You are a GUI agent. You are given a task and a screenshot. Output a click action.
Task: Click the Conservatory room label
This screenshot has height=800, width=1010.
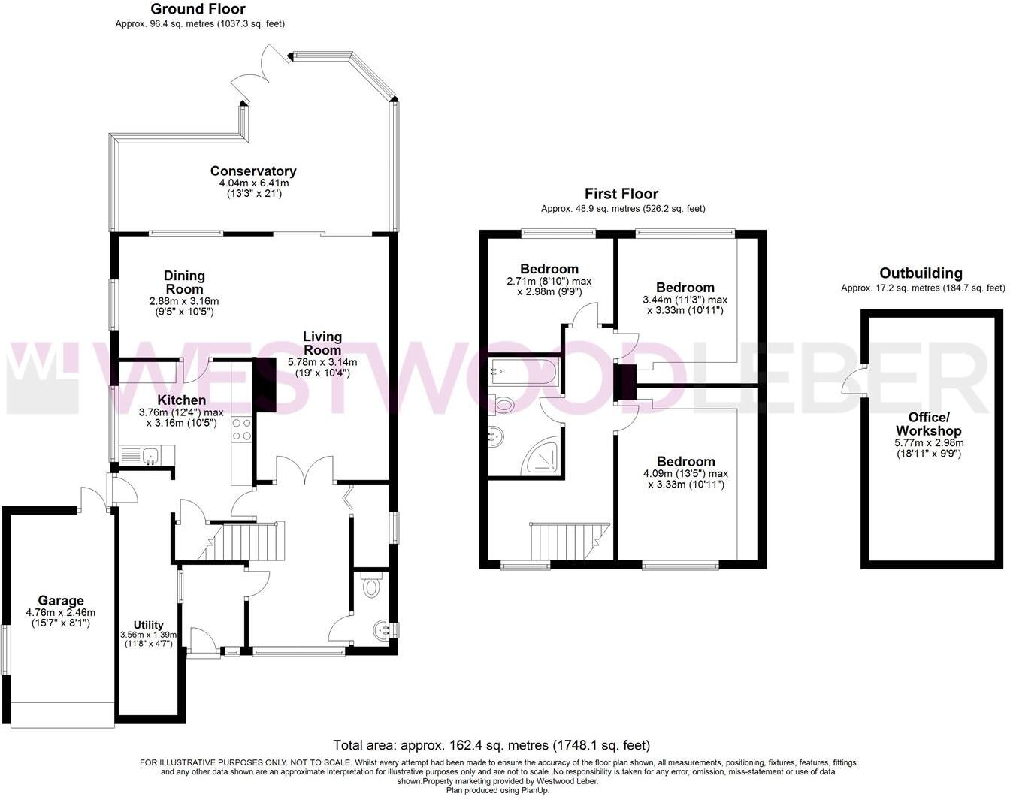[253, 171]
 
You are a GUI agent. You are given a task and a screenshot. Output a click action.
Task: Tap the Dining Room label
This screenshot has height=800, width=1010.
[184, 282]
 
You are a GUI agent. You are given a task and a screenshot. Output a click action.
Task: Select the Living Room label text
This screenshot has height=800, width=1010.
[322, 343]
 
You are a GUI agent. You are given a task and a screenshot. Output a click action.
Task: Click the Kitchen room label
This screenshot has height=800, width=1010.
[181, 400]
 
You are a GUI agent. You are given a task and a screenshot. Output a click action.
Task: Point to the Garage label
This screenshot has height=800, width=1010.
[61, 601]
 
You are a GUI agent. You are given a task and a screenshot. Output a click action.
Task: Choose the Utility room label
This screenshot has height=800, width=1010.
[148, 625]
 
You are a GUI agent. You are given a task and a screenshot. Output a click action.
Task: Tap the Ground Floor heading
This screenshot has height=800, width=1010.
[198, 9]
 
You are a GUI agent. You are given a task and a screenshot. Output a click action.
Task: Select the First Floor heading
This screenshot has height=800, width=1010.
[621, 194]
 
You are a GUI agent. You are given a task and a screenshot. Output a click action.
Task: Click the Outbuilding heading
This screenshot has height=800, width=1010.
[921, 273]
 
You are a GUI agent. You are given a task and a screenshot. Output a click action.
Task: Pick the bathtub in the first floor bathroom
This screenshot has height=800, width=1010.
[523, 370]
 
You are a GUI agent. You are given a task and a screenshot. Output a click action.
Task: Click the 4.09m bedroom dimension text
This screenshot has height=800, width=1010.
[685, 474]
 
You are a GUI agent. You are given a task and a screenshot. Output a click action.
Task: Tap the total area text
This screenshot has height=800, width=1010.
[491, 745]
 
